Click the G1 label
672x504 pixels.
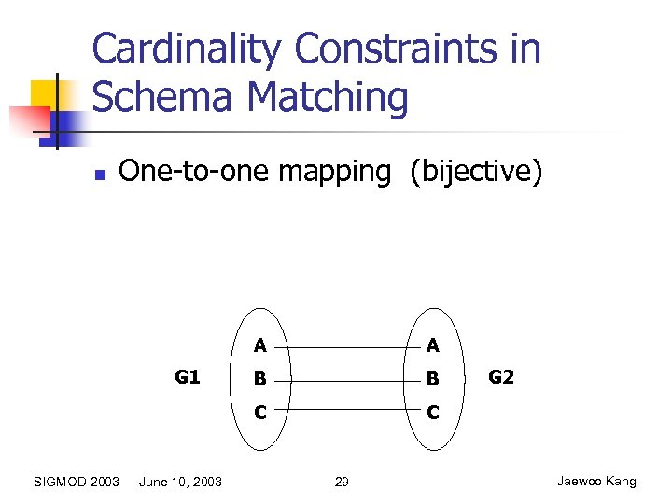[x=188, y=377]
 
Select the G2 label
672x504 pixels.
[x=501, y=377]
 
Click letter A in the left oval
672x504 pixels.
[x=260, y=346]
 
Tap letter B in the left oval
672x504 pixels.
[x=260, y=380]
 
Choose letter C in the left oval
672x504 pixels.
[x=260, y=411]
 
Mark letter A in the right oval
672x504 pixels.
[x=432, y=346]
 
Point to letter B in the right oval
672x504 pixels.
[x=432, y=380]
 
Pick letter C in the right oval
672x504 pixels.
[x=432, y=411]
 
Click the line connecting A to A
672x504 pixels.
[x=346, y=347]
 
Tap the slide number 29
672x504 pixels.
[x=342, y=482]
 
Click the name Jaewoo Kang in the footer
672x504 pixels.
[x=596, y=481]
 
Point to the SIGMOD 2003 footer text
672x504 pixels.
[x=77, y=482]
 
